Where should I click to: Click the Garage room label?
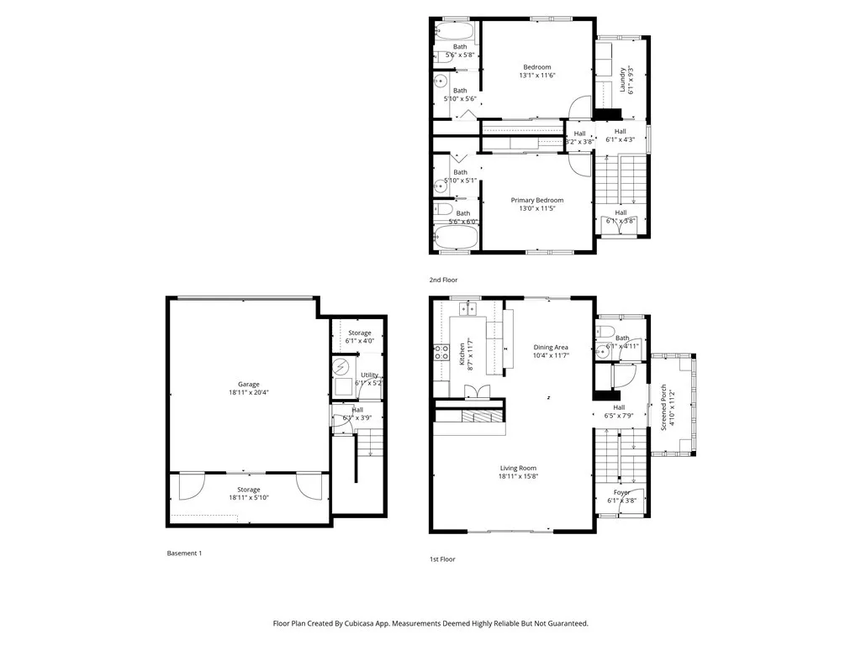coord(248,384)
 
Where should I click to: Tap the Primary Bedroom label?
coord(537,200)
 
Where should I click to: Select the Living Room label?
coord(517,468)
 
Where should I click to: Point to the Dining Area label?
coord(551,347)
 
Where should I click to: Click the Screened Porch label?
coord(663,408)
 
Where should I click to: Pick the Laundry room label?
coord(623,81)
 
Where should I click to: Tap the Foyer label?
coord(621,492)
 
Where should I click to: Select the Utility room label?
coord(369,375)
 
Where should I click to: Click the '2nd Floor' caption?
coord(444,280)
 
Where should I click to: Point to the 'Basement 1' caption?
coord(184,553)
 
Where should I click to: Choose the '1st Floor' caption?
coord(442,558)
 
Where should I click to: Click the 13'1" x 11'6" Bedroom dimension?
coord(537,76)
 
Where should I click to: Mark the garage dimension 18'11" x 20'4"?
coord(248,392)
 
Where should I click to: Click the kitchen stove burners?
coord(441,353)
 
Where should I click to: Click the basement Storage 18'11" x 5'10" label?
coord(248,493)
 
